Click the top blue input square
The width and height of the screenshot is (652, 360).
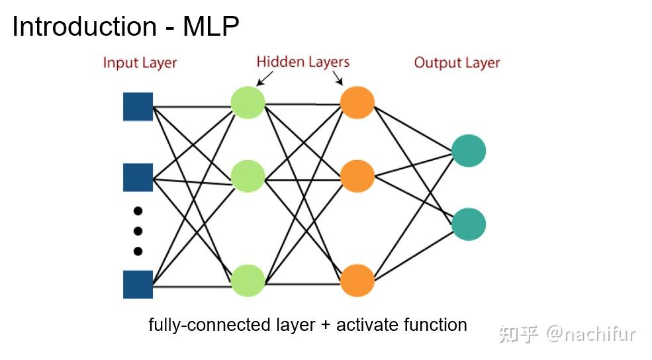(138, 107)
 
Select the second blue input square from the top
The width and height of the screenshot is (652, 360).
(138, 177)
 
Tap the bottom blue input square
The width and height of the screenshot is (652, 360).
(138, 284)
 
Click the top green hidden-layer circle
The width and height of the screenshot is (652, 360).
(248, 103)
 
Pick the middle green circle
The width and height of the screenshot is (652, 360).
(248, 176)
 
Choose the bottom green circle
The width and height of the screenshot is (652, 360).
(248, 281)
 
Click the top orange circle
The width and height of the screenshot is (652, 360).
(357, 103)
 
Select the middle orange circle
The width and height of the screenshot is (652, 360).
(357, 176)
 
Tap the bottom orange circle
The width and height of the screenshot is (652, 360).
(357, 281)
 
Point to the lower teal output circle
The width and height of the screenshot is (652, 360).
(469, 224)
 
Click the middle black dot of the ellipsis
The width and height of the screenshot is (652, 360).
(138, 231)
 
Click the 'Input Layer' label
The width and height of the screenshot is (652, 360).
(140, 64)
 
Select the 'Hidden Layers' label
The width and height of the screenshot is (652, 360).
(303, 62)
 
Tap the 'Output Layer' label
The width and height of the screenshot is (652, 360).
(457, 63)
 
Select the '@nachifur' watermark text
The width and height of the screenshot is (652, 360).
(590, 334)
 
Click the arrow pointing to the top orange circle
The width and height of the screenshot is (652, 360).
(338, 79)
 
